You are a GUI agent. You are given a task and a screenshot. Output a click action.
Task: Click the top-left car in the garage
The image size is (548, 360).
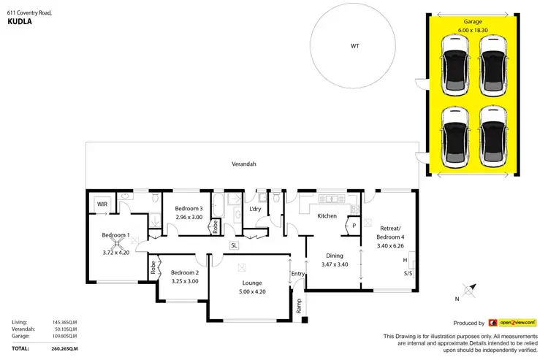(x=455, y=66)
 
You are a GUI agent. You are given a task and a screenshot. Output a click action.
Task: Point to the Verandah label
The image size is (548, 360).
(x=244, y=164)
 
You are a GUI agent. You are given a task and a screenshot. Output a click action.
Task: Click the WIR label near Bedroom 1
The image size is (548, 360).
(x=102, y=204)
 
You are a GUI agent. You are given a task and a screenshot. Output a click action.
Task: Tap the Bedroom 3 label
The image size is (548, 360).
(x=189, y=209)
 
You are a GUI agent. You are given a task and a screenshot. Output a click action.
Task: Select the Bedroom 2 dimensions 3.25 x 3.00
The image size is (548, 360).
(x=184, y=281)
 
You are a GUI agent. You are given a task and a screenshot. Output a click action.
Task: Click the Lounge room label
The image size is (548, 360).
(x=253, y=283)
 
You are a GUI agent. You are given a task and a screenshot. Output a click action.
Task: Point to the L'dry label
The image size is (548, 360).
(x=255, y=210)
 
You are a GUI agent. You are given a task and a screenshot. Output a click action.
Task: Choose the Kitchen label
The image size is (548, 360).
(x=326, y=216)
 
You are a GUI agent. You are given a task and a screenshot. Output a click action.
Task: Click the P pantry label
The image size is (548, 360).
(x=354, y=226)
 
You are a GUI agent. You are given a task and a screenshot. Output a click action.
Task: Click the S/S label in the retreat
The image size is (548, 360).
(x=407, y=275)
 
